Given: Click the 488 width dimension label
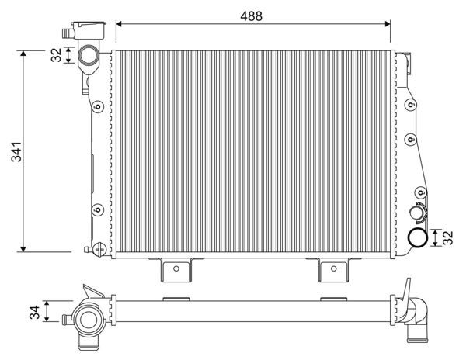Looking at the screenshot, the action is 251,16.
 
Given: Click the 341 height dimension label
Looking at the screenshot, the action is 16,151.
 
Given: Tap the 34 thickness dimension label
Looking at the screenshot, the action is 35,312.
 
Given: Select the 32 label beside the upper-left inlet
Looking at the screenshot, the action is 56,54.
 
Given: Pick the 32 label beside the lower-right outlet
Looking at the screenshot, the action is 447,237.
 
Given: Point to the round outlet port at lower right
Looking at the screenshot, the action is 417,237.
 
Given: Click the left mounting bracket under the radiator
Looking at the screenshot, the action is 176,269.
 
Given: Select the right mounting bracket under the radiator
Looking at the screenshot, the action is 333,269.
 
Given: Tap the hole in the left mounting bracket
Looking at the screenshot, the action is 176,268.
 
